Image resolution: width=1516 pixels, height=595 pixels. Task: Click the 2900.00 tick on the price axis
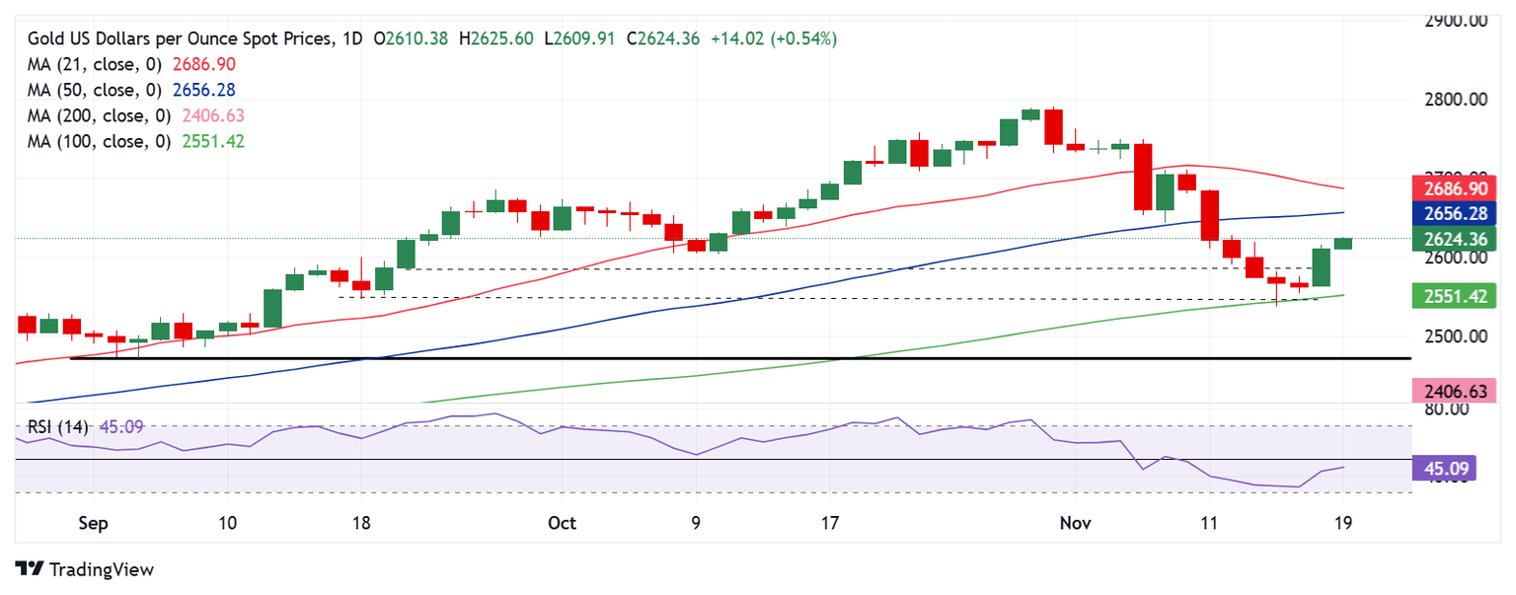[1456, 21]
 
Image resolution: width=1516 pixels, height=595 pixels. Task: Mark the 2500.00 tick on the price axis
[1456, 336]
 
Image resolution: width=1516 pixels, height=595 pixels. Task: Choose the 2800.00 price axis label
[1456, 100]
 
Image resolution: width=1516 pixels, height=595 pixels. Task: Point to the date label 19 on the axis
[1343, 523]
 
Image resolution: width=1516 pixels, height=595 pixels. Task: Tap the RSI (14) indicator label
[59, 427]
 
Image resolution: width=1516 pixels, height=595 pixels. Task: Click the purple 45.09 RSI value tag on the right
[1444, 468]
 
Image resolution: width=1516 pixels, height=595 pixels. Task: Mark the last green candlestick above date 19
[1343, 243]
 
